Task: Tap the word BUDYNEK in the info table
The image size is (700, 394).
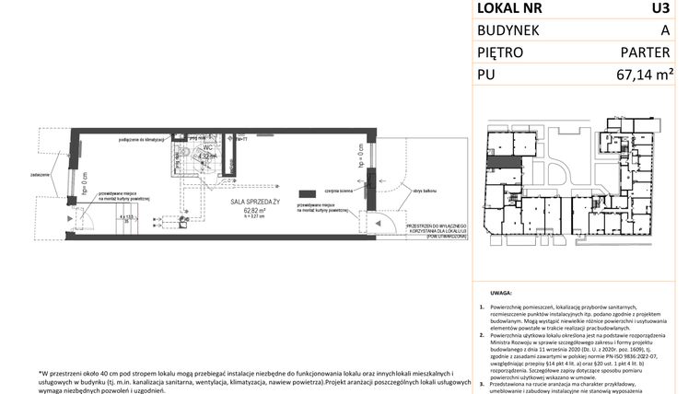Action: point(509,31)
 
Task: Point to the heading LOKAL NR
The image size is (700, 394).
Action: point(509,9)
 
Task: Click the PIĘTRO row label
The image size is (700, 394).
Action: point(500,53)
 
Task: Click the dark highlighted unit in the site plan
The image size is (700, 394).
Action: point(504,163)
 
